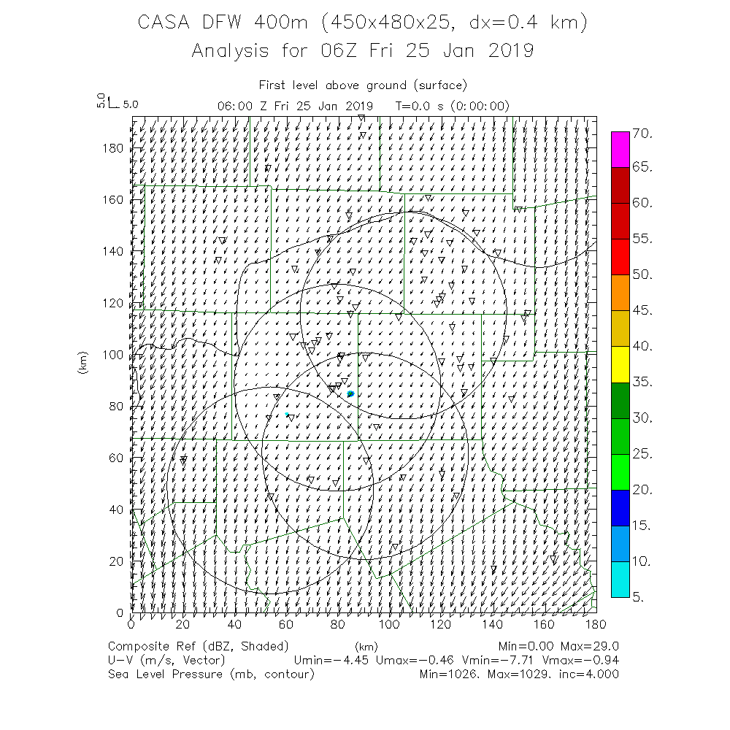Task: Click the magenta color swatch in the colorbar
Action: pos(620,150)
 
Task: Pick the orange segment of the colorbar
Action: pos(620,293)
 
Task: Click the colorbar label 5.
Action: pos(638,597)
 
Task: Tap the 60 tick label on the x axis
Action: pos(286,624)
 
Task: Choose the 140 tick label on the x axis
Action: pos(493,624)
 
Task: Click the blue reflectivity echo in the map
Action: pos(351,394)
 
